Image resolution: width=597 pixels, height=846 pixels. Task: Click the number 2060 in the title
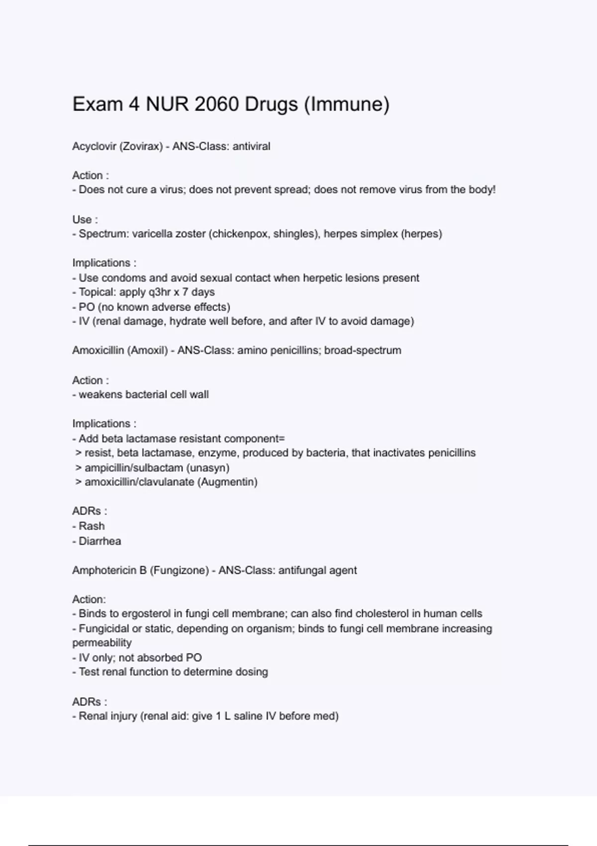217,105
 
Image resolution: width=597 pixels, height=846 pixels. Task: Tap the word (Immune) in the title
346,105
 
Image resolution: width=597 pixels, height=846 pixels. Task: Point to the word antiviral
251,146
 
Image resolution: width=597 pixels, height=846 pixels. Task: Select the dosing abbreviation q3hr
159,292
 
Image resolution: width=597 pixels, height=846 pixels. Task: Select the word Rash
92,526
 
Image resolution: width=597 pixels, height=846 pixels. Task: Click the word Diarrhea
99,541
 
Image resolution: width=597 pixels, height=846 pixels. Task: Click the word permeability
102,643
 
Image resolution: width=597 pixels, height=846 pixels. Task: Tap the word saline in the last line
248,716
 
